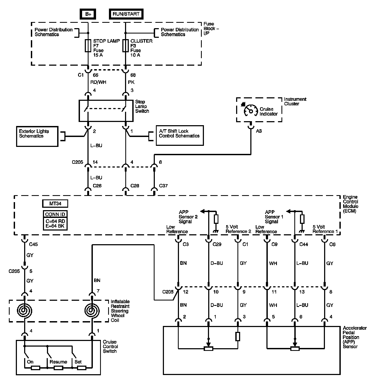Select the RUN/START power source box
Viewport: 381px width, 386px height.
click(x=126, y=14)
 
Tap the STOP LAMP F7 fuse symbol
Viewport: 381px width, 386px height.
click(x=88, y=46)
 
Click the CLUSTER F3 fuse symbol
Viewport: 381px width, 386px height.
click(x=126, y=46)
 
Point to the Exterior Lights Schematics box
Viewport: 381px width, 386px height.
click(x=37, y=136)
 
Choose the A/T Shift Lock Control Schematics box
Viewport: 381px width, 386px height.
click(x=179, y=136)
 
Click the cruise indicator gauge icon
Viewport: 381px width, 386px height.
click(x=250, y=111)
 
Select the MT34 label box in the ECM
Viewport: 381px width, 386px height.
click(x=55, y=204)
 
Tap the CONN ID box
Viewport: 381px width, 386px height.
click(x=55, y=214)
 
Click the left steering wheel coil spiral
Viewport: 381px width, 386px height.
click(x=25, y=310)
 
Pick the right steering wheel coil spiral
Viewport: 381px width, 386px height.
click(x=92, y=310)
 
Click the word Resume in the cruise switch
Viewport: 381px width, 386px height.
click(x=58, y=362)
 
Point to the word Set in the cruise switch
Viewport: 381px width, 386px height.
click(x=78, y=362)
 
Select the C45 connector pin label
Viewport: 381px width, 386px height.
click(x=34, y=244)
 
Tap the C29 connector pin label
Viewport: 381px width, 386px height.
click(x=217, y=244)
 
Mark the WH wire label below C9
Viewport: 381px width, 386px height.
click(x=273, y=263)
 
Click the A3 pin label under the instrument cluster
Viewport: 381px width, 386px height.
click(x=259, y=131)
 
